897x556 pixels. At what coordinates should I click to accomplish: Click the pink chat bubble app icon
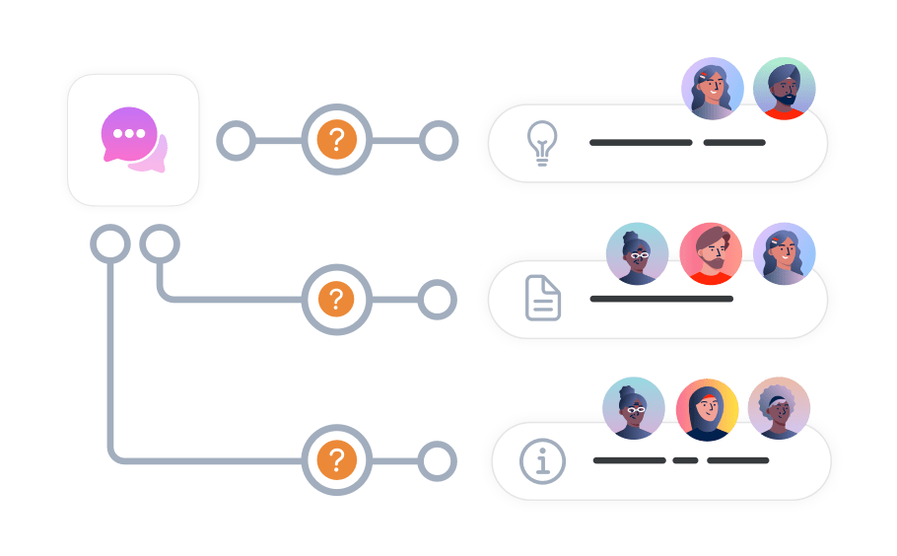(x=133, y=139)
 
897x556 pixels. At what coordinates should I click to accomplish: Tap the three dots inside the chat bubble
(x=129, y=133)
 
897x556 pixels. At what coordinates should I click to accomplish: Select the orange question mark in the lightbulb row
(x=337, y=141)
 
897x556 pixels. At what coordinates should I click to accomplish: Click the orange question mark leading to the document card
(x=337, y=299)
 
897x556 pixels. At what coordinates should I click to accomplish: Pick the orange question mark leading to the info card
(x=337, y=459)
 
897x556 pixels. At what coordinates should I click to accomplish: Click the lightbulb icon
(x=541, y=144)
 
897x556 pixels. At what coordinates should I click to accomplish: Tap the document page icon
(x=543, y=298)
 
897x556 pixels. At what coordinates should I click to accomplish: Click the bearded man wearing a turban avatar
(x=785, y=89)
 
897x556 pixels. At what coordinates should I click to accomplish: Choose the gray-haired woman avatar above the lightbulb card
(x=713, y=89)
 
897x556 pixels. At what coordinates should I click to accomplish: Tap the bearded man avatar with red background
(x=711, y=253)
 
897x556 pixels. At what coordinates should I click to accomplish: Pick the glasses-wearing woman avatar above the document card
(x=637, y=253)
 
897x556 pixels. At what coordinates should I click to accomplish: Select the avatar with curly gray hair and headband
(x=779, y=407)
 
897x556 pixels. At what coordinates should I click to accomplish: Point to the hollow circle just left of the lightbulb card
(x=439, y=141)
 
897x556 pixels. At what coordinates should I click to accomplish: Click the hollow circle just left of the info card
(x=438, y=459)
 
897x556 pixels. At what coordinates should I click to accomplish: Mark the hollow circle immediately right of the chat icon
(x=236, y=141)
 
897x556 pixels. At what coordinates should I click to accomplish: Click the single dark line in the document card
(x=661, y=298)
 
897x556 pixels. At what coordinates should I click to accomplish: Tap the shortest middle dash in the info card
(x=685, y=460)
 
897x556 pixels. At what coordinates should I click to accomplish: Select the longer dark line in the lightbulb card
(x=641, y=143)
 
